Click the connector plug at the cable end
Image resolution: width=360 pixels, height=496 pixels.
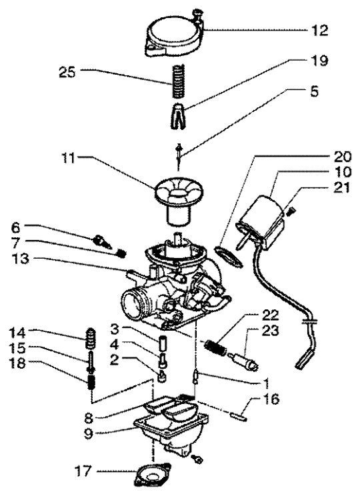pyautogui.click(x=304, y=364)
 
